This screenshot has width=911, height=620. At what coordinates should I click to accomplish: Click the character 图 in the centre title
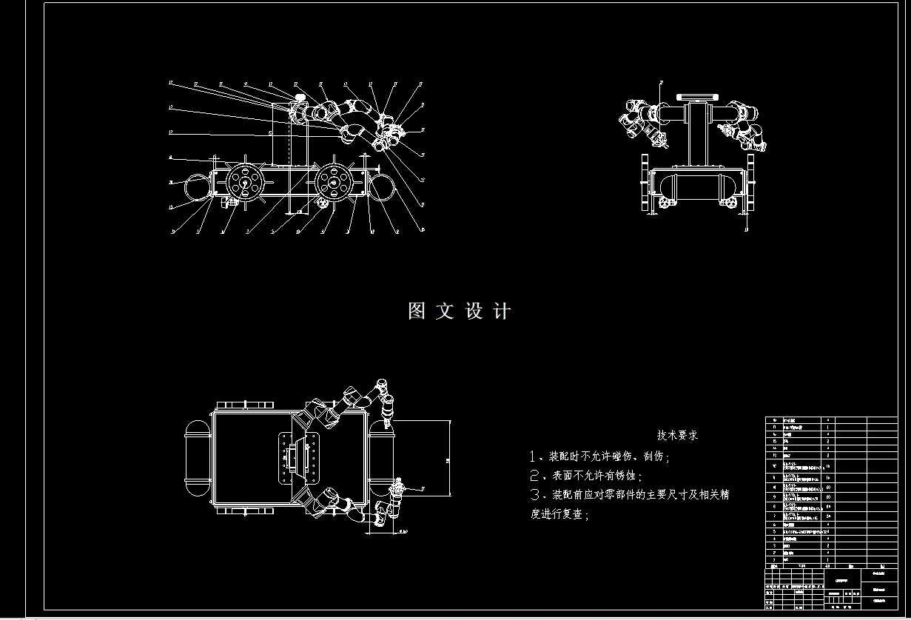[x=417, y=311]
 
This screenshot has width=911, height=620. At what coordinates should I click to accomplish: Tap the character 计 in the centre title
[x=502, y=311]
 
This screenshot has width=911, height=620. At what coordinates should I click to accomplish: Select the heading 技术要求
[x=677, y=435]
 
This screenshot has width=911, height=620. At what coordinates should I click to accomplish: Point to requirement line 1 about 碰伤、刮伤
[x=599, y=456]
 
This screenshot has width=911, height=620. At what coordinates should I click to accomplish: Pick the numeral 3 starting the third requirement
[x=536, y=495]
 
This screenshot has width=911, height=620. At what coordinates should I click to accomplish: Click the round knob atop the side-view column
[x=300, y=98]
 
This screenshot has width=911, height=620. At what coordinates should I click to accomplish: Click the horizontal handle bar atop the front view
[x=698, y=96]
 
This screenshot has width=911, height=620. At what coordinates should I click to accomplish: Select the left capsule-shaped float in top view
[x=197, y=458]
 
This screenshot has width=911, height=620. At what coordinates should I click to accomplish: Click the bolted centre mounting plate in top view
[x=298, y=458]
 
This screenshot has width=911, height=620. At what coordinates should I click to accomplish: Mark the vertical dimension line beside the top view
[x=449, y=458]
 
